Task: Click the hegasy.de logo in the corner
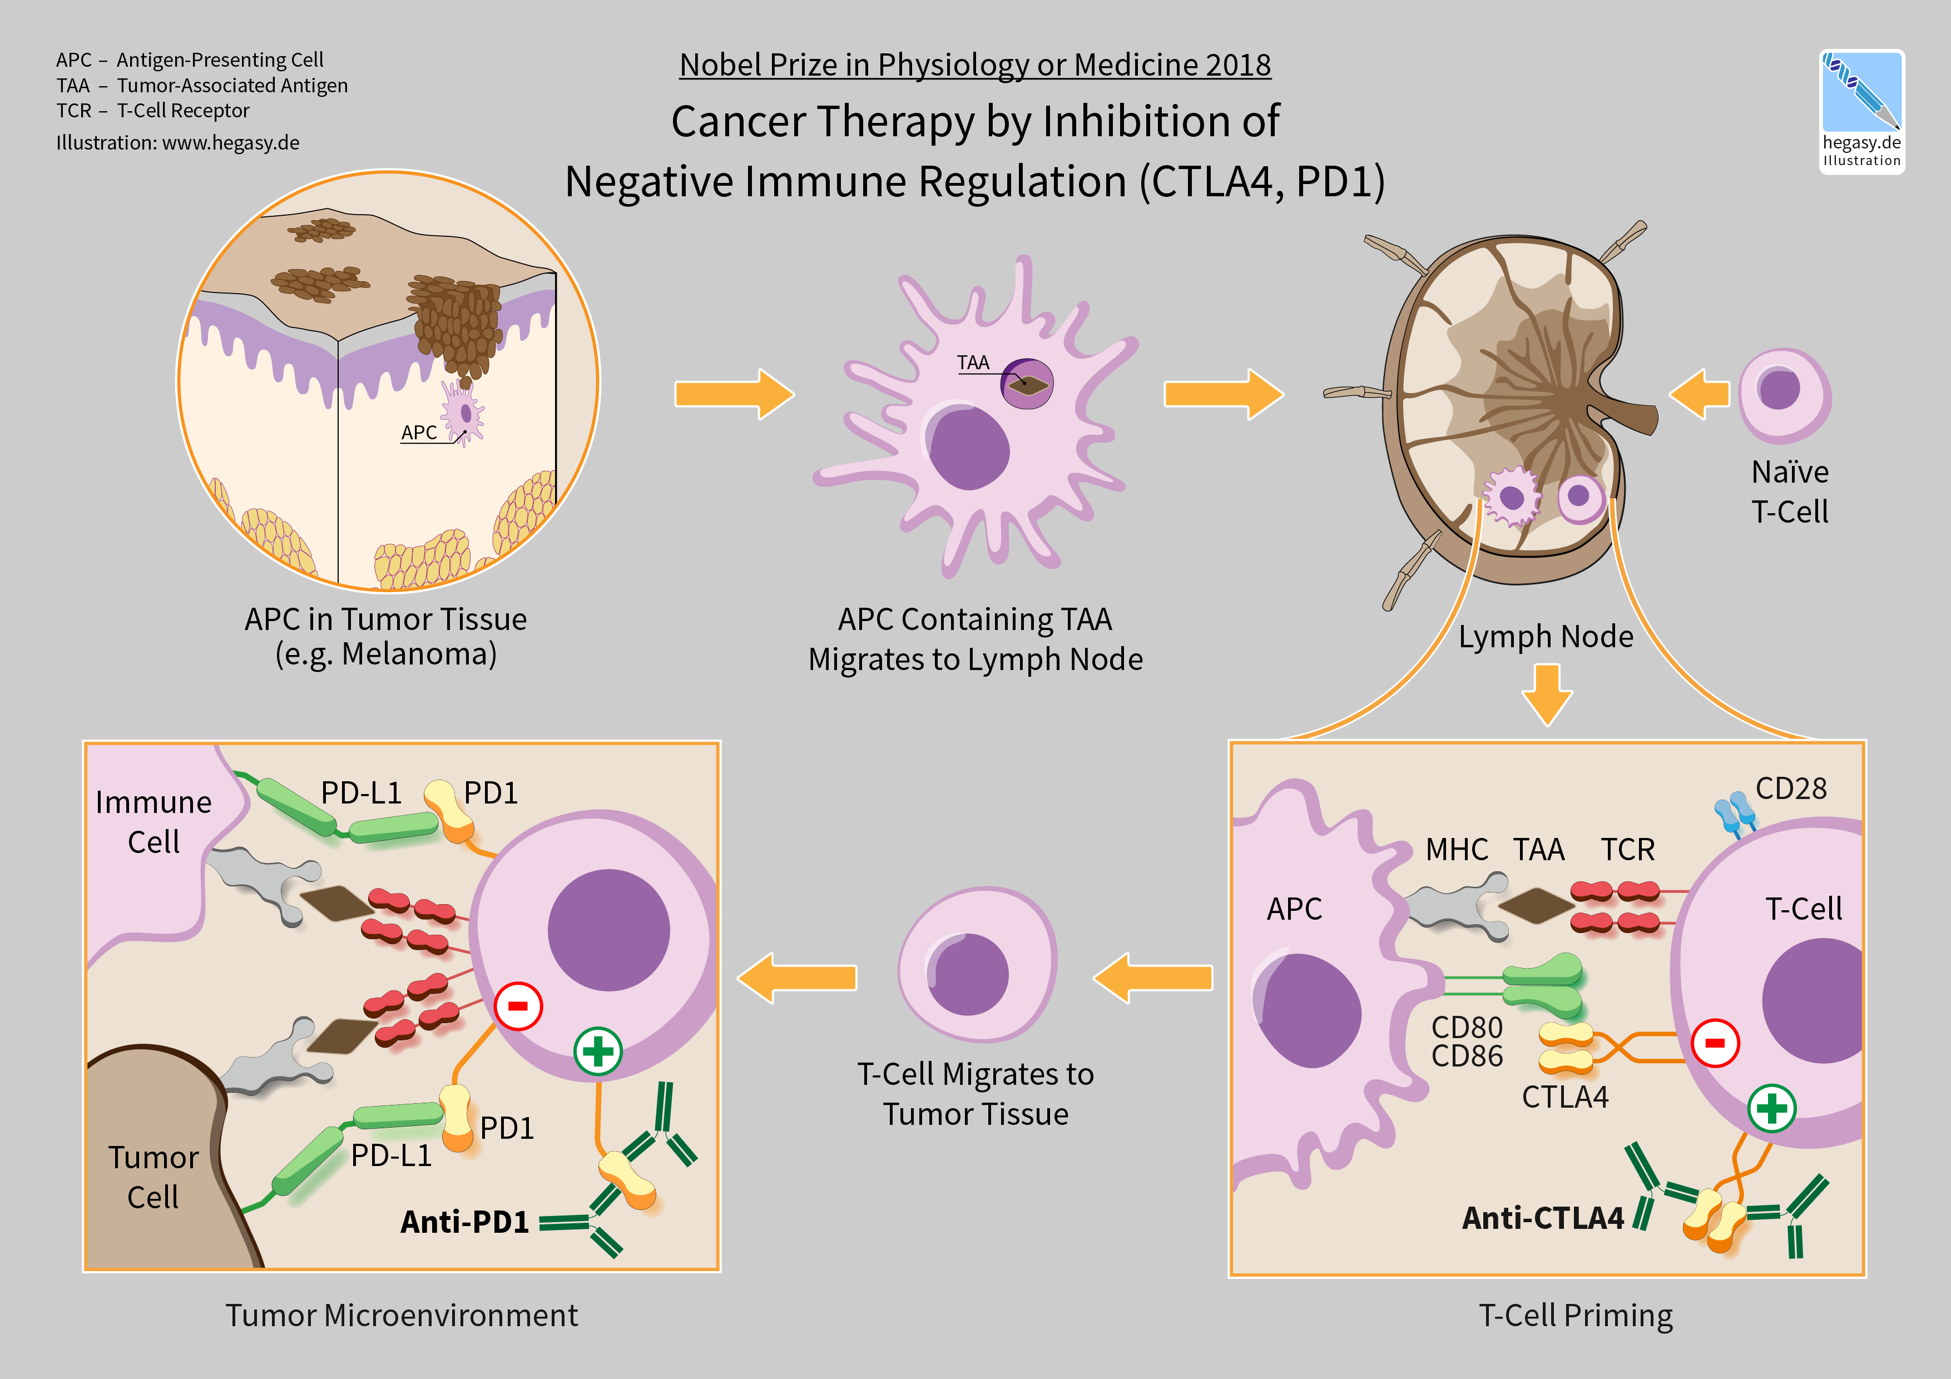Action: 1861,111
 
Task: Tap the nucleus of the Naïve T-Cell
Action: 1779,389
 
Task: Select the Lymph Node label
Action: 1546,636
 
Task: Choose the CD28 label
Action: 1790,788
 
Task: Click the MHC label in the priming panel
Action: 1457,850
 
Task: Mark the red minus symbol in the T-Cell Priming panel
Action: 1715,1043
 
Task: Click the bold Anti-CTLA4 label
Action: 1542,1218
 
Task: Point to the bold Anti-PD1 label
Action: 465,1222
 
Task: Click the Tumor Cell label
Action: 153,1177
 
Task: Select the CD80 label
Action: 1467,1027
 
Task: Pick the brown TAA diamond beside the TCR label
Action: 1536,906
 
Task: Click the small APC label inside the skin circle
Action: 419,433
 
